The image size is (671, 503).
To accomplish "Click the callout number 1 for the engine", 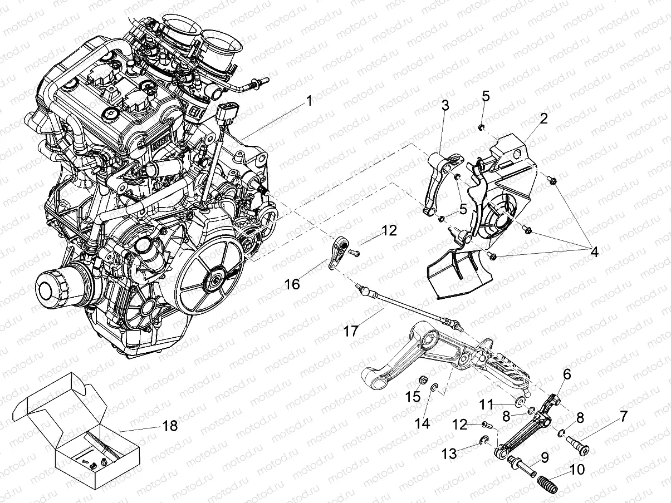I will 308,102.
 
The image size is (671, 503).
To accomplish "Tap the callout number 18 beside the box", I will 170,426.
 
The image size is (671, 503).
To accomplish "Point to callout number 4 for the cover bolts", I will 594,251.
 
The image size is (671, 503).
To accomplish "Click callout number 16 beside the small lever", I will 292,284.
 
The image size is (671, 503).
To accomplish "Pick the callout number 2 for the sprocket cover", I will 543,119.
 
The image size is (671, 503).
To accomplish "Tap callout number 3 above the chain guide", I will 445,105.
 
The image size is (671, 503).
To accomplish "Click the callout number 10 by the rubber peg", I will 577,470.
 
